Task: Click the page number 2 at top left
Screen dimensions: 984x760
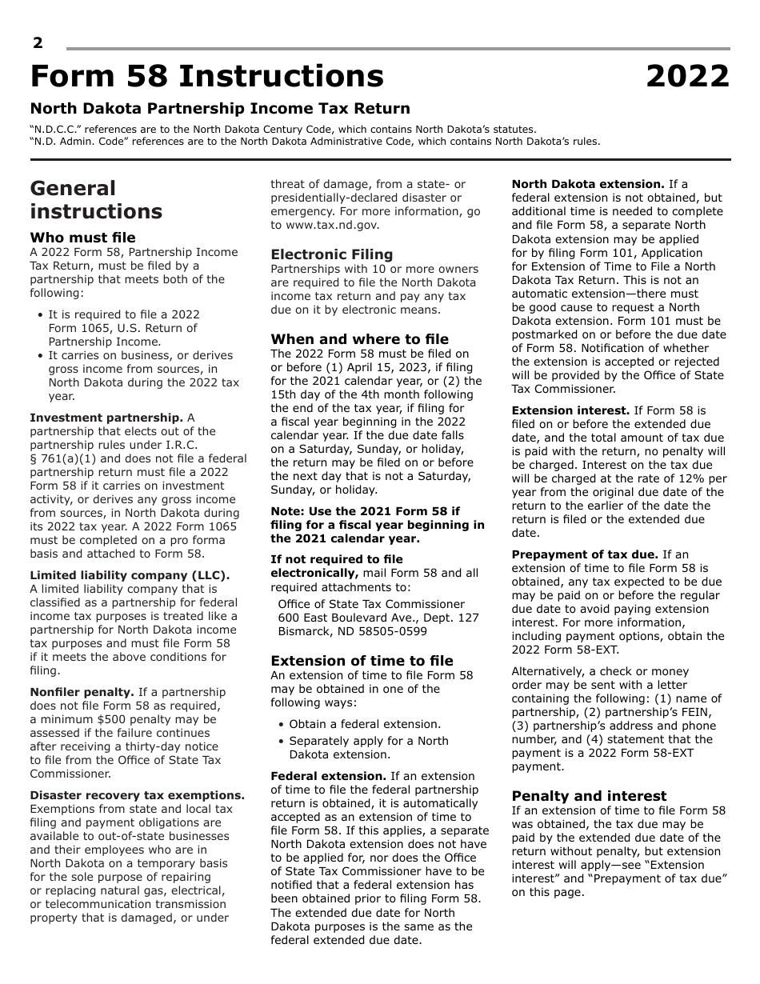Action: point(38,43)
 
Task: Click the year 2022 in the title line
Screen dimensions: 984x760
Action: point(687,77)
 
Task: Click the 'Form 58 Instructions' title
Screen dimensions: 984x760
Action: point(207,77)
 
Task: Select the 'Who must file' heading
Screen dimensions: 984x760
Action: point(82,238)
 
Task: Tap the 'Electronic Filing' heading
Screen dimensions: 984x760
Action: point(332,254)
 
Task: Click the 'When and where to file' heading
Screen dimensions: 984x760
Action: point(359,339)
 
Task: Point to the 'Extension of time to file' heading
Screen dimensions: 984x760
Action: point(362,661)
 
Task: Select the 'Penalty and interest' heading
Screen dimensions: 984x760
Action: point(589,796)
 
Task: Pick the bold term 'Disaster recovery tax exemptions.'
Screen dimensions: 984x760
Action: point(137,795)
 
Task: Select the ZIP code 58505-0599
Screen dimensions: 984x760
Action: point(388,631)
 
